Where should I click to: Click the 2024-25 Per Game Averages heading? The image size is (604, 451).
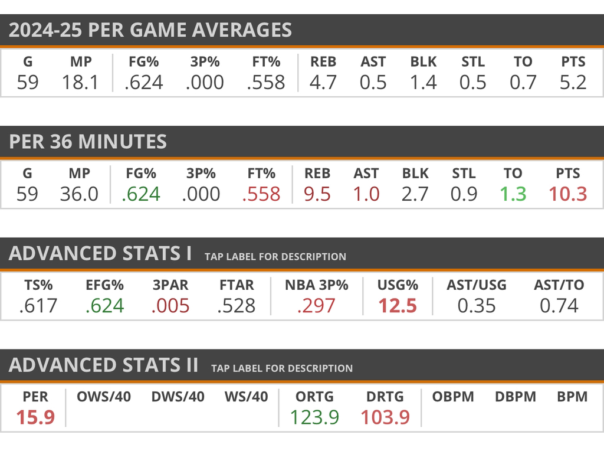tap(150, 30)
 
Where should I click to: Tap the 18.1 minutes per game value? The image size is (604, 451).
tap(80, 83)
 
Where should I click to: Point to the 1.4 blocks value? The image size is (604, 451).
tap(423, 83)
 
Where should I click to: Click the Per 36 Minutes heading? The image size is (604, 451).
tap(88, 142)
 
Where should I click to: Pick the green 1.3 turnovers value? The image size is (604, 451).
tap(513, 194)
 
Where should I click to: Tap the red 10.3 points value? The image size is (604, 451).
tap(567, 194)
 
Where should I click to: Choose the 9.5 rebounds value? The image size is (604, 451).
tap(317, 194)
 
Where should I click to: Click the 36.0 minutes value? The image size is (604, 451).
tap(79, 194)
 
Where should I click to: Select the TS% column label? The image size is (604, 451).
tap(39, 285)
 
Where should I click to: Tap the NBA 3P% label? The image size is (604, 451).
tap(317, 285)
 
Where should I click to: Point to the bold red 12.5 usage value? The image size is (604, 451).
tap(398, 306)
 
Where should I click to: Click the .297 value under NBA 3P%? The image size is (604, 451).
tap(317, 306)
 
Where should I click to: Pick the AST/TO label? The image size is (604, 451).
tap(559, 285)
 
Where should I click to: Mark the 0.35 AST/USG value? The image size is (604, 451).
tap(477, 306)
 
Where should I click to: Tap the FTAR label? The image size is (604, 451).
tap(236, 285)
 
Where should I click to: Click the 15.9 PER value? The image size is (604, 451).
tap(35, 417)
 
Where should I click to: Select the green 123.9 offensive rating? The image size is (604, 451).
tap(314, 417)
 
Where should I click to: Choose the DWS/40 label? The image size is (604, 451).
tap(178, 397)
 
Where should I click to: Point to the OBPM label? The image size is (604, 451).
tap(453, 397)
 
